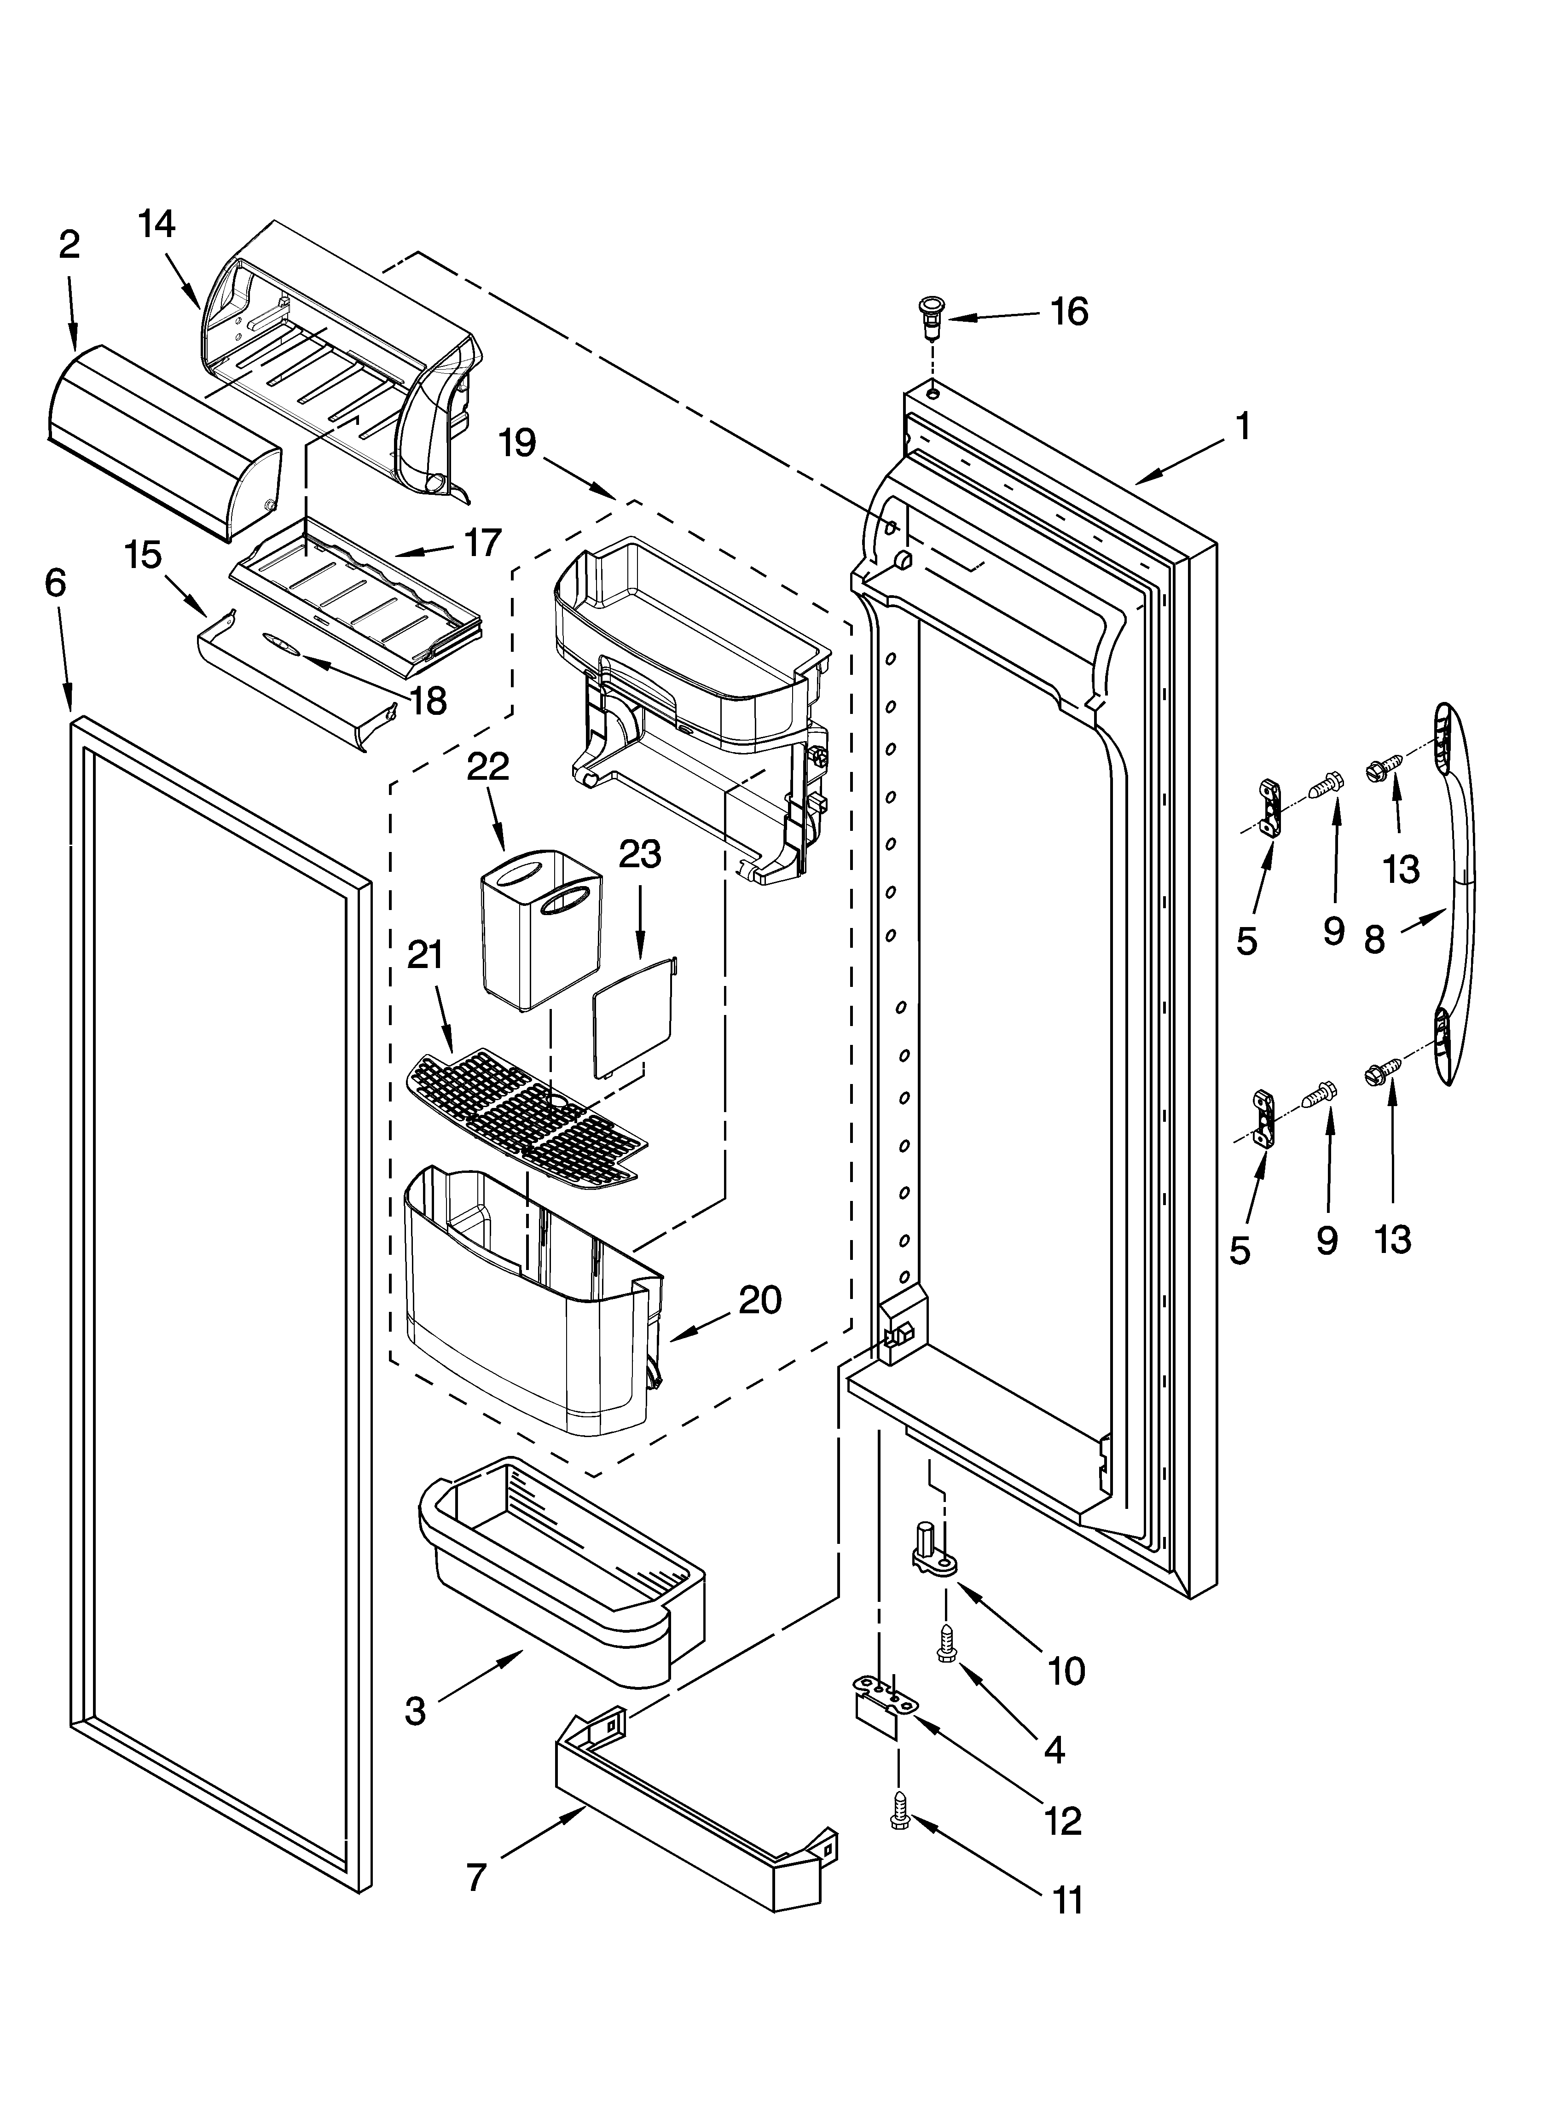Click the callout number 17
482,542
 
